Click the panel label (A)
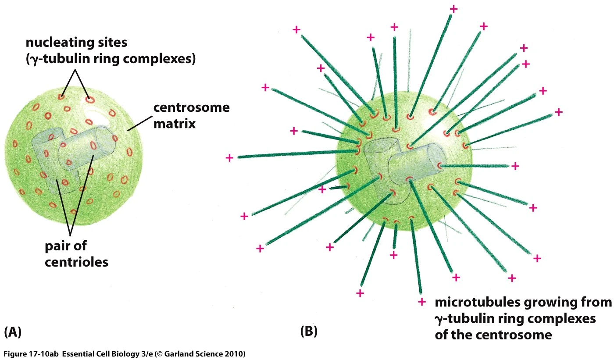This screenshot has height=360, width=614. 13,332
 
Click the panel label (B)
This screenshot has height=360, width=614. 309,332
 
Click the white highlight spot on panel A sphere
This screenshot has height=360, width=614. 97,113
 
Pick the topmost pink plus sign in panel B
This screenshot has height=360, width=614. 453,9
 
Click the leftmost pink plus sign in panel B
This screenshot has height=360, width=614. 229,157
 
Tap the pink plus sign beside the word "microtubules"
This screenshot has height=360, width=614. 422,302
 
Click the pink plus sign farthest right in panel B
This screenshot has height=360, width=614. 558,112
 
